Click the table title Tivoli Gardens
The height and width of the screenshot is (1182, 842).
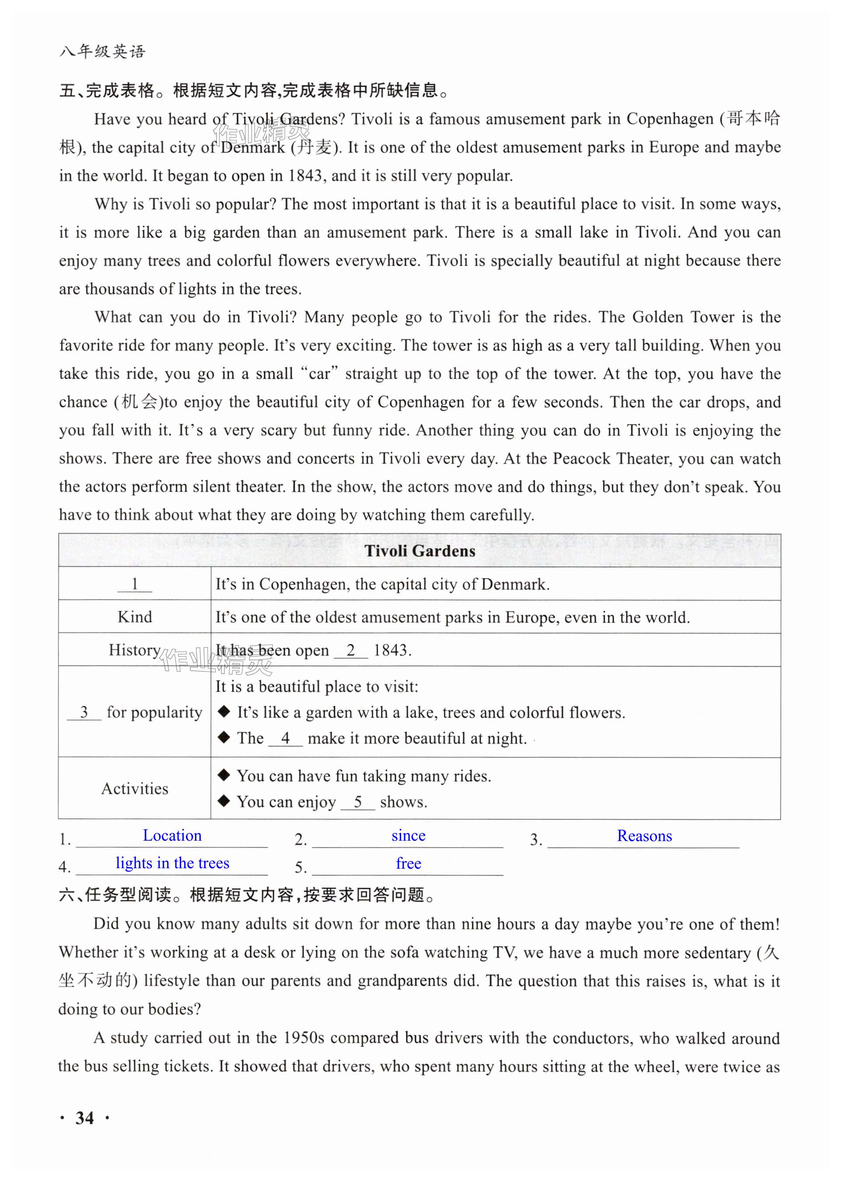tap(419, 551)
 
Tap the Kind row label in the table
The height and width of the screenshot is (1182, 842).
tap(135, 617)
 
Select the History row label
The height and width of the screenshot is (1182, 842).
tap(135, 650)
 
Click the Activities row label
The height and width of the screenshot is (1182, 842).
tap(135, 789)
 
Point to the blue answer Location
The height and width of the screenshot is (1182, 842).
tap(172, 835)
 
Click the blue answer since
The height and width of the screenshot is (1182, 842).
tap(408, 835)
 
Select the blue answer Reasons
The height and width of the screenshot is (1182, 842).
tap(644, 836)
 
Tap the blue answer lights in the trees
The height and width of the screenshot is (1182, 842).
tap(172, 863)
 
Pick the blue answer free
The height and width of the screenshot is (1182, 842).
tap(408, 863)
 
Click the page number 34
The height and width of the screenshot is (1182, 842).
tap(84, 1118)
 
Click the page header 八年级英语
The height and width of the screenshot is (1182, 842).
tap(103, 51)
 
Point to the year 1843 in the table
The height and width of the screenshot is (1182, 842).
tap(391, 650)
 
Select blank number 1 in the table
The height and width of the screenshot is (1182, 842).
tap(135, 585)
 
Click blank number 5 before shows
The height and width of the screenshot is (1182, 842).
tap(358, 802)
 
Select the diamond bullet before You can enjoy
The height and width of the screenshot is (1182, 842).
tap(224, 801)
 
